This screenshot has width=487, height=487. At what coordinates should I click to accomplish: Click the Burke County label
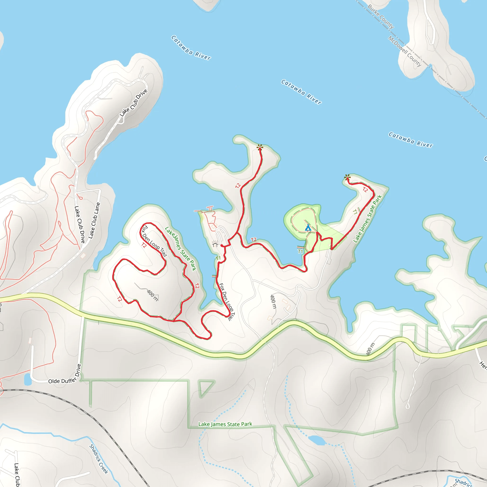381,17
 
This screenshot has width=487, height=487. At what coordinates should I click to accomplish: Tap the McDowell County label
404,51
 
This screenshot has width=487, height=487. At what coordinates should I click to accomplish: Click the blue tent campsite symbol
308,228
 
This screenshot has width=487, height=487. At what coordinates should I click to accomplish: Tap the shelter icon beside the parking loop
215,244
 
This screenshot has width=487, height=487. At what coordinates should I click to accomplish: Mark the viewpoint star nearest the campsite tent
347,177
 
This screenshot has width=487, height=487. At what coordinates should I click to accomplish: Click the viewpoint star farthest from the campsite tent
260,147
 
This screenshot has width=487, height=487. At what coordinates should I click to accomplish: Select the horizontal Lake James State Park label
225,424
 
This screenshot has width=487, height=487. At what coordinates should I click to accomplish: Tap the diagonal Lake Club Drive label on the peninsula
133,103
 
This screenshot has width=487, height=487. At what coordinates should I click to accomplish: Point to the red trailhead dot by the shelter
222,245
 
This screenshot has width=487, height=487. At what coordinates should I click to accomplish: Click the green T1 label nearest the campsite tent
300,251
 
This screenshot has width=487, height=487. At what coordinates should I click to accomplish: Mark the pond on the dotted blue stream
317,440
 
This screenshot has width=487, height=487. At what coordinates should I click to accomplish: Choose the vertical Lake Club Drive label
80,224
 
